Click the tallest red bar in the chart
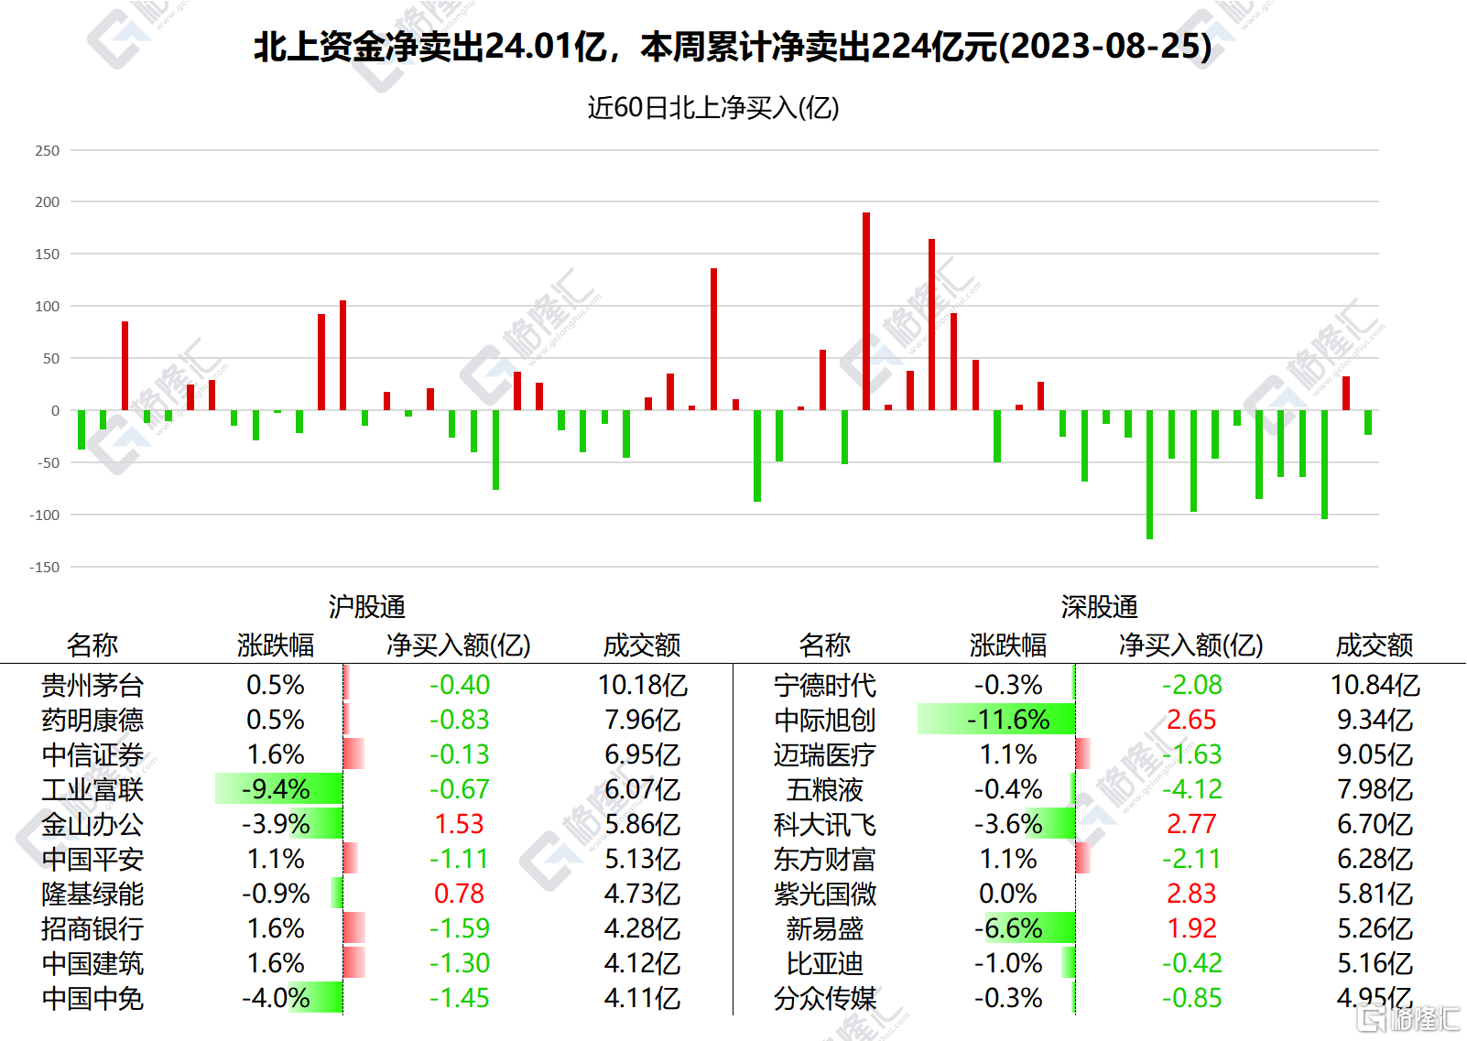click(866, 311)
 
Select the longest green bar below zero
click(1149, 474)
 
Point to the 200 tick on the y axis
click(48, 202)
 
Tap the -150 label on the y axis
click(45, 568)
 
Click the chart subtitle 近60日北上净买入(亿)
click(713, 108)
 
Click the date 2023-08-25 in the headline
click(1106, 47)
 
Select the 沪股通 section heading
click(366, 606)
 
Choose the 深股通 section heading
click(1099, 606)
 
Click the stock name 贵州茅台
click(92, 685)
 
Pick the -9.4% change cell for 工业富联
click(276, 789)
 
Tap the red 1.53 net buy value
click(459, 824)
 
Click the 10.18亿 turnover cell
click(642, 685)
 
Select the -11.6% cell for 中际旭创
click(1008, 720)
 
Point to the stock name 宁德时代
click(825, 685)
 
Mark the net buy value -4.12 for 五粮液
click(1191, 789)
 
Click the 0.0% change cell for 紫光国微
click(1008, 894)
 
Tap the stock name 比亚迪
click(825, 963)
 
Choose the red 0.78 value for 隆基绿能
click(459, 894)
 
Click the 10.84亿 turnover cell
click(1375, 685)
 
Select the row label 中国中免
click(92, 998)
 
